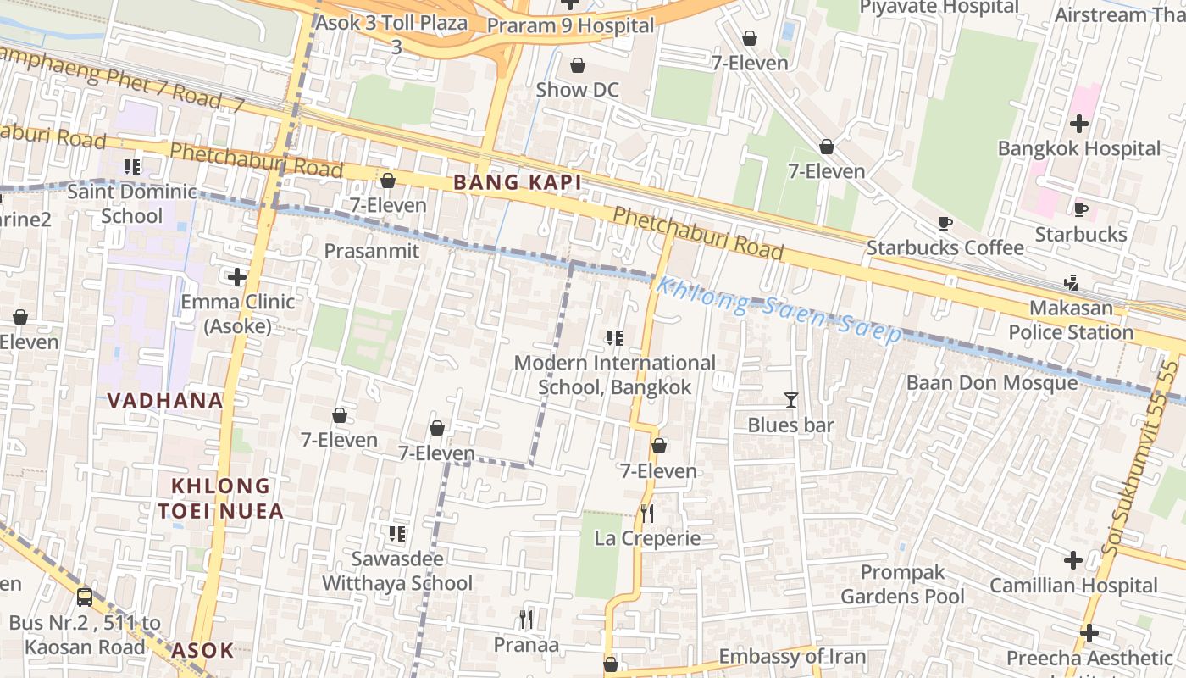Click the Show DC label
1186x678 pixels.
coord(577,90)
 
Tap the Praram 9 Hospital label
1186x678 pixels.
coord(570,25)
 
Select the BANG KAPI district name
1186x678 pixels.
coord(517,182)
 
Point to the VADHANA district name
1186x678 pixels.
coord(165,401)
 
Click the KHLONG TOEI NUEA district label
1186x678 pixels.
coord(219,498)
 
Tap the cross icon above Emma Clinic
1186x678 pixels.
coord(237,276)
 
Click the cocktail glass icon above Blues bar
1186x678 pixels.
coord(790,399)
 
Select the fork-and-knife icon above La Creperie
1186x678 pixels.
coord(646,513)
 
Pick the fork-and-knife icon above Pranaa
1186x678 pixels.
coord(526,620)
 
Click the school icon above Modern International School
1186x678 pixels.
coord(615,338)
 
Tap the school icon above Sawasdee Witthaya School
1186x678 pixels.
coord(396,533)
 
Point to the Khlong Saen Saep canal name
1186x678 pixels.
coord(779,310)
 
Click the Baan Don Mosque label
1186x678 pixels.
coord(992,383)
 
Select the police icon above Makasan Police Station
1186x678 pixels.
coord(1071,282)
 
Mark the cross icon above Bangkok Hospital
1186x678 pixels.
coord(1078,124)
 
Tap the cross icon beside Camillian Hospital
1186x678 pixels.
coord(1073,560)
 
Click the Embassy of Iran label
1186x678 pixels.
coord(792,657)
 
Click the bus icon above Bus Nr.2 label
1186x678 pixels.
coord(85,597)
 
